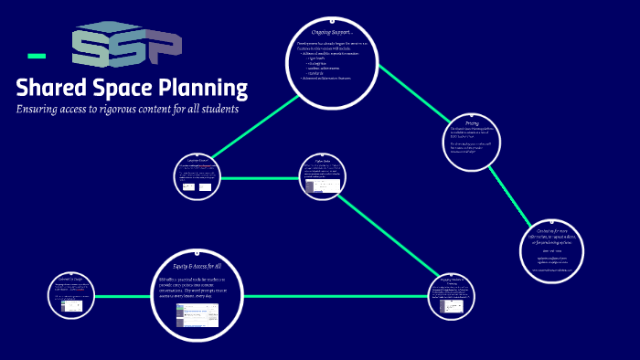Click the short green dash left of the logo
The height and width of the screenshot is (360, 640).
[x=37, y=56]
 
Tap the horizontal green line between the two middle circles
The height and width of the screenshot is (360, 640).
[x=261, y=178]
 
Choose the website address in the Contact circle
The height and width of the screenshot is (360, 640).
[x=554, y=270]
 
